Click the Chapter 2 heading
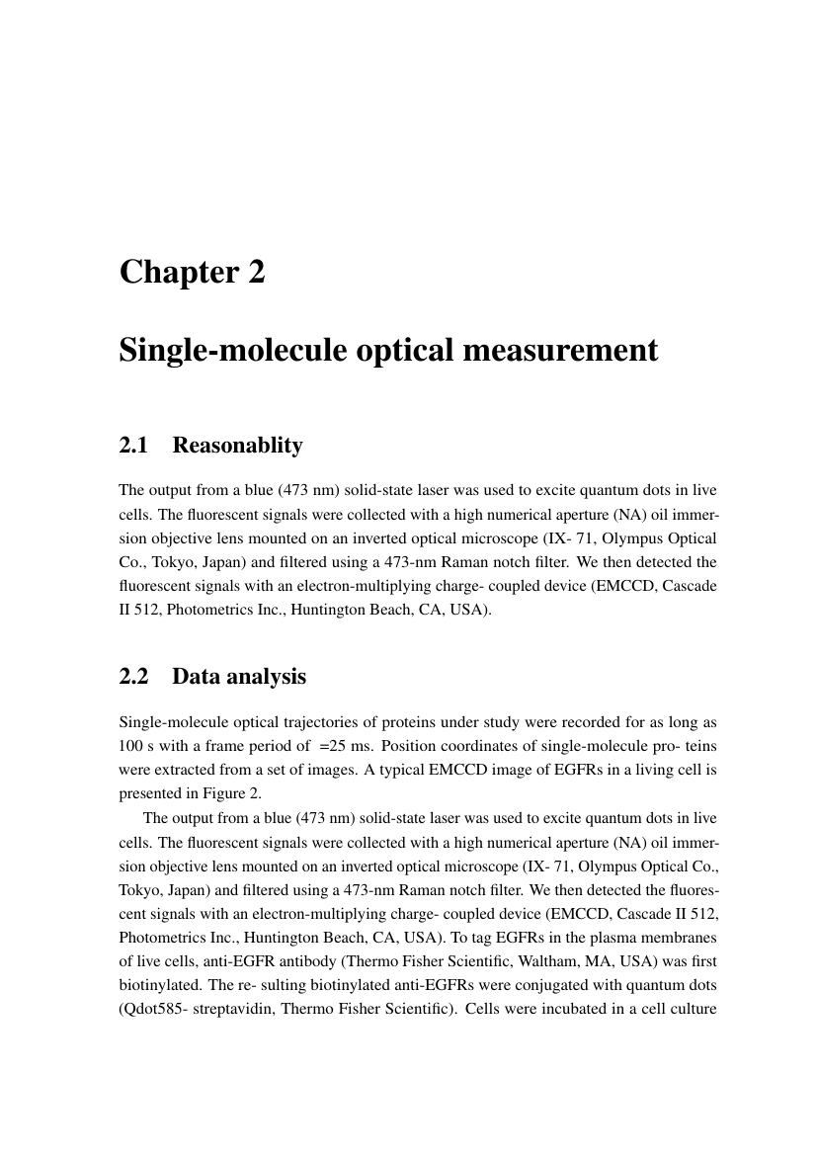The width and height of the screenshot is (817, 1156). pyautogui.click(x=192, y=272)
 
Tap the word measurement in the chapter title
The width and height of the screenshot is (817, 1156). pyautogui.click(x=561, y=350)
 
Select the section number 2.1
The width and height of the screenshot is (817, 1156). pyautogui.click(x=133, y=446)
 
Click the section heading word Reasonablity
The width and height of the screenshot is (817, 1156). pyautogui.click(x=237, y=446)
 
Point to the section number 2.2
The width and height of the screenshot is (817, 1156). pyautogui.click(x=133, y=677)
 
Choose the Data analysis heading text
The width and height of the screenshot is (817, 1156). pyautogui.click(x=239, y=677)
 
